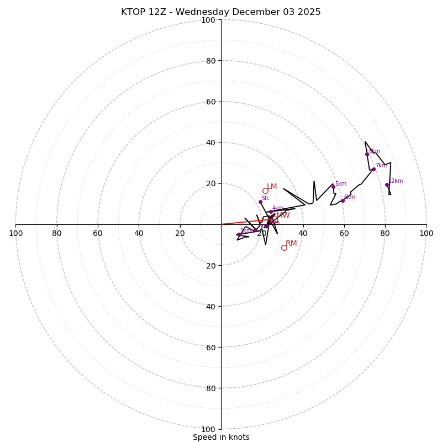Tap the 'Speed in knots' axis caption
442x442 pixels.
click(221, 437)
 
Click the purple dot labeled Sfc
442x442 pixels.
click(260, 202)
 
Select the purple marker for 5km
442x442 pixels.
click(333, 187)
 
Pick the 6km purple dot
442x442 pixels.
click(343, 201)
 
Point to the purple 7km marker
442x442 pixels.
click(373, 169)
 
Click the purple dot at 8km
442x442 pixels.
click(367, 154)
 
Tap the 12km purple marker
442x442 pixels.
click(387, 185)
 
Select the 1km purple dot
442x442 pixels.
click(239, 234)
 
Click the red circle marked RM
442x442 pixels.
click(284, 248)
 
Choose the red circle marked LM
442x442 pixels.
click(265, 191)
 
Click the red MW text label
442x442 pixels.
click(283, 215)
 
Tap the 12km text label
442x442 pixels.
click(396, 181)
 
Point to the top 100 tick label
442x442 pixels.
click(208, 20)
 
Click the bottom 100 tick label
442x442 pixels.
click(208, 429)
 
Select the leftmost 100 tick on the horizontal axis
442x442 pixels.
click(15, 233)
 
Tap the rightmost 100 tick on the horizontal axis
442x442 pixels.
click(426, 233)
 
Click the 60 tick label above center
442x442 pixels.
click(211, 102)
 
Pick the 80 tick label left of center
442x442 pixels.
click(57, 233)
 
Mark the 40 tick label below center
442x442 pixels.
click(211, 306)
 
